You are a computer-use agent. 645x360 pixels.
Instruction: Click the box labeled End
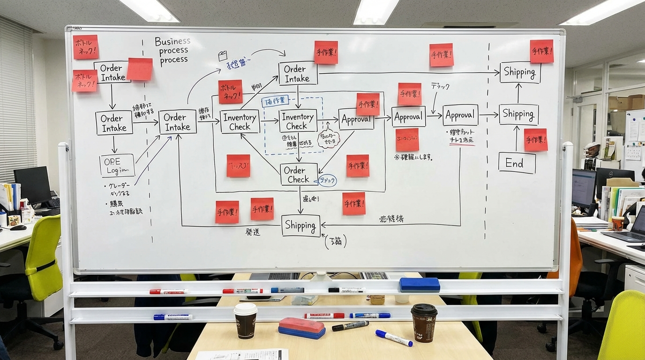tap(517, 163)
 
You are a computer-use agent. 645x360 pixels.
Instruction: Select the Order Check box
tap(299, 174)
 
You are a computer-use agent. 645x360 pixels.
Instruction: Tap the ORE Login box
tap(117, 165)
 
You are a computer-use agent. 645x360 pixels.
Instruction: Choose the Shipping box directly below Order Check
tap(300, 225)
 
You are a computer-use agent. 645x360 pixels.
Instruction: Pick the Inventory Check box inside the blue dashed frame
tap(298, 121)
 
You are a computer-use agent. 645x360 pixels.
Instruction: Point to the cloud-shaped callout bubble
tap(328, 138)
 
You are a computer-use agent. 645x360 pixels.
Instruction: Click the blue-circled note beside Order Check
tap(327, 180)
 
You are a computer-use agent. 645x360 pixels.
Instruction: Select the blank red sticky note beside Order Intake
tap(139, 69)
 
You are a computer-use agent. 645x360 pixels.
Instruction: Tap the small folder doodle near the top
tap(223, 56)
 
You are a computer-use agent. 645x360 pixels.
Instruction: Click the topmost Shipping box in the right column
tap(520, 72)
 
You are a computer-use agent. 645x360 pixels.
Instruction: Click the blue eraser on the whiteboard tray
tap(420, 285)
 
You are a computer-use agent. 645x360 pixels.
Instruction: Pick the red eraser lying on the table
tap(301, 327)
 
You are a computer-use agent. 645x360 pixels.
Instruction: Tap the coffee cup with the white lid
tap(246, 320)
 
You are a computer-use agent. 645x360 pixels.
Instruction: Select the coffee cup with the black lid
tap(424, 322)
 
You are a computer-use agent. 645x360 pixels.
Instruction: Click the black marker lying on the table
tap(350, 325)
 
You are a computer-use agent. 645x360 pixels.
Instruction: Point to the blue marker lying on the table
tap(394, 338)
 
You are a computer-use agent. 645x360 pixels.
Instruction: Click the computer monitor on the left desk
tap(31, 185)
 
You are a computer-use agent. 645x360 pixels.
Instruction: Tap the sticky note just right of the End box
tap(535, 140)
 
